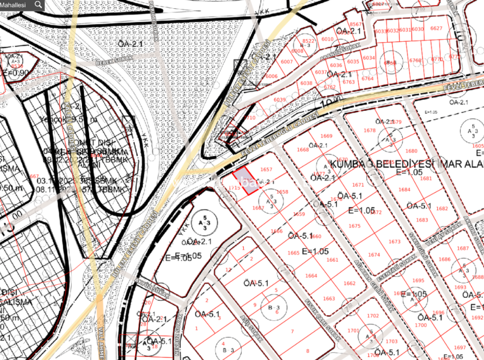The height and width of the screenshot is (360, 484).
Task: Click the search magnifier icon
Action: pos(38,5)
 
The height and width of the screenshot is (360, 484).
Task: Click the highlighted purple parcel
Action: pos(246,181)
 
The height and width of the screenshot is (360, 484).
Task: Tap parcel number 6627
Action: pos(436,28)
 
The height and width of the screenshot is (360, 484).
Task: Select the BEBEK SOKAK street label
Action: pos(114,59)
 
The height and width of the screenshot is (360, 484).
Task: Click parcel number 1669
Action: pos(326,136)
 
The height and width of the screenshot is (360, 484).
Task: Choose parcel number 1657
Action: pos(266,170)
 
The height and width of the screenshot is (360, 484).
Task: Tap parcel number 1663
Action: pos(329,298)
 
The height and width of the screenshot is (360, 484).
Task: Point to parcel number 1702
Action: pos(372,316)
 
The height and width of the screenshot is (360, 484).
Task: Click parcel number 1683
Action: pos(422,220)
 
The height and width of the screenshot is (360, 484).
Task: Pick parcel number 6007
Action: pos(287,62)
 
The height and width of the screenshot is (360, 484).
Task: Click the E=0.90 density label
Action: pos(15,73)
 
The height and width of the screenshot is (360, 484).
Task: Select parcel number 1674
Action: pos(374,255)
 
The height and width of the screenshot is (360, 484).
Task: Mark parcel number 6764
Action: pos(367,79)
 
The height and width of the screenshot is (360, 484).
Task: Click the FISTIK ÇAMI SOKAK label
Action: pos(322,320)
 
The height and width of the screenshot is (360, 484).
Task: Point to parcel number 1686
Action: pos(445,259)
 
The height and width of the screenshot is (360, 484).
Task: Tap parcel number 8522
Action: pos(309,41)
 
